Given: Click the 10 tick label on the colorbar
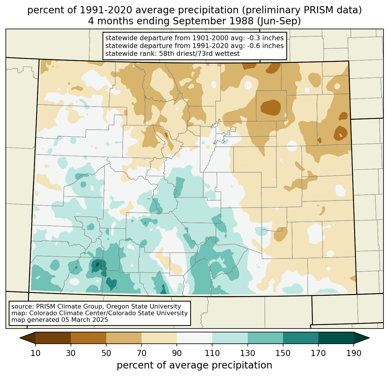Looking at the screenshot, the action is [35, 353].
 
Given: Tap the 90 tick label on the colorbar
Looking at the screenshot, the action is [177, 353].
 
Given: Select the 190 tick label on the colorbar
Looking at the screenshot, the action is [354, 353].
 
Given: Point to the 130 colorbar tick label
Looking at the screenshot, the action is [247, 353].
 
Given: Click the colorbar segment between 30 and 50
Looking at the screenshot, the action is [88, 338].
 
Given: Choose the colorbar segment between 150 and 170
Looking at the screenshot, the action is [301, 338].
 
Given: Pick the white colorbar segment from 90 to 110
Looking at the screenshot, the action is [195, 338].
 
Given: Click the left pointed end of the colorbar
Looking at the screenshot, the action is [20, 338].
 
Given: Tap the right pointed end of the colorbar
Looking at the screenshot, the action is [369, 338].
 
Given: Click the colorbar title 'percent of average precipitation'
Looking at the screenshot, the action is [195, 365].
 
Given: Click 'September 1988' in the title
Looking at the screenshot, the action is [213, 21].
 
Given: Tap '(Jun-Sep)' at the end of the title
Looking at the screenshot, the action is [279, 21].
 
